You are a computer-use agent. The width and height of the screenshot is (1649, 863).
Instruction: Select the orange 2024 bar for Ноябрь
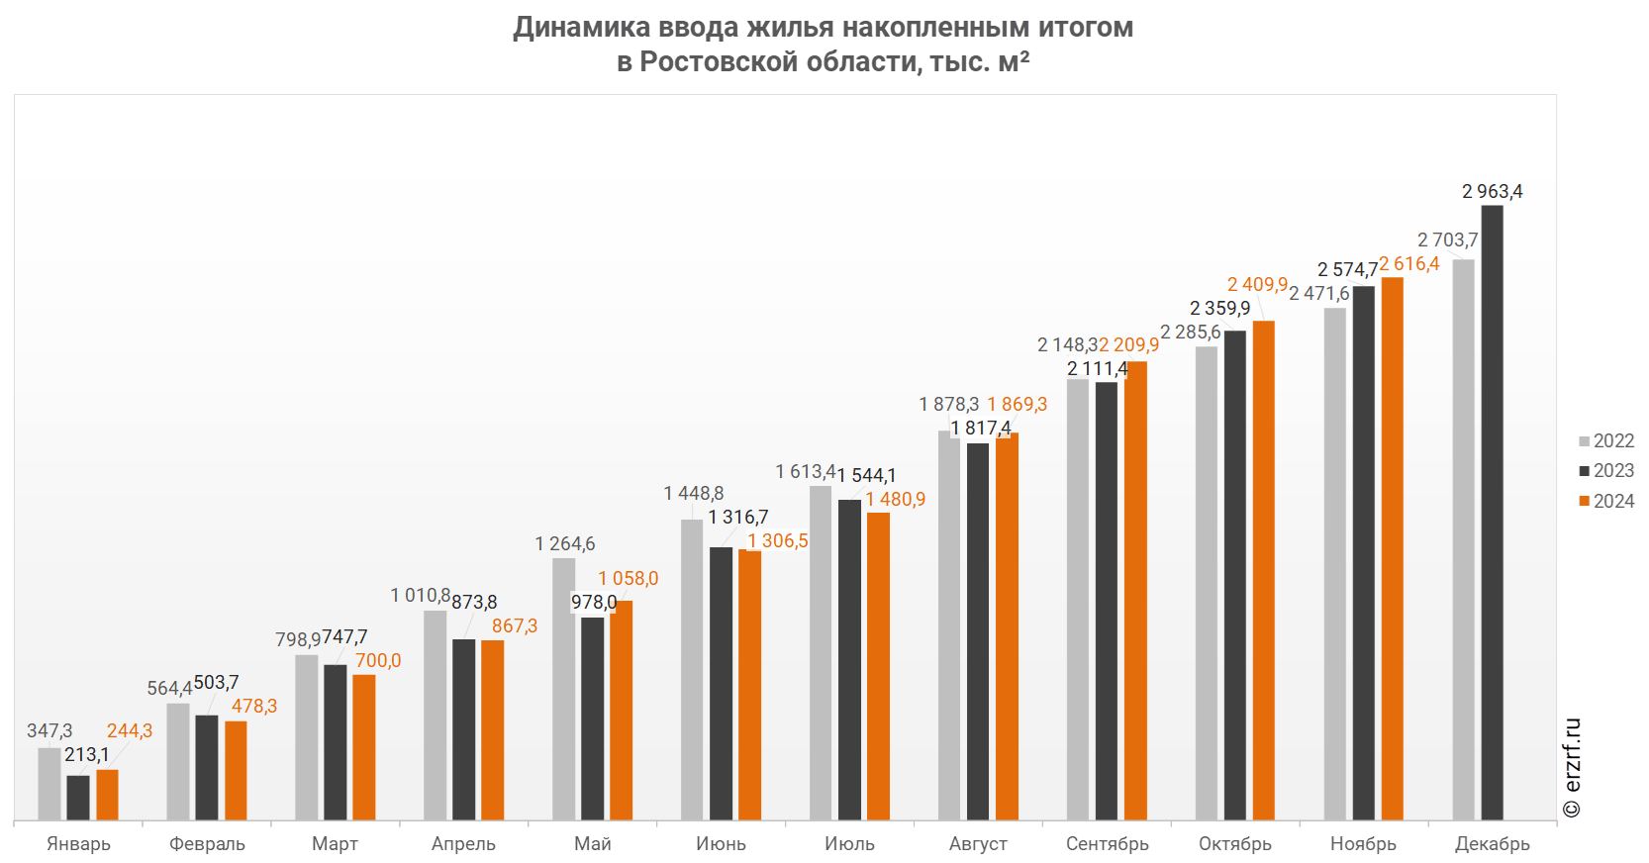(x=1392, y=548)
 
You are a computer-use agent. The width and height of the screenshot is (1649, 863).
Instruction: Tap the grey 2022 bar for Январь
(x=49, y=784)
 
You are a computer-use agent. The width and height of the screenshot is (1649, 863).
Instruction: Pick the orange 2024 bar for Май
(x=621, y=711)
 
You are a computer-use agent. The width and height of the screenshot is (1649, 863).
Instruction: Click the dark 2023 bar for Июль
(x=849, y=660)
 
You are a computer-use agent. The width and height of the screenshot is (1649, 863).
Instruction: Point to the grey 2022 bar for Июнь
(x=692, y=670)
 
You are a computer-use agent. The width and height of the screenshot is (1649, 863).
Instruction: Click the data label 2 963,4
(x=1492, y=191)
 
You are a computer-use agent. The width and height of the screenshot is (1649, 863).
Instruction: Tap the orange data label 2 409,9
(x=1257, y=285)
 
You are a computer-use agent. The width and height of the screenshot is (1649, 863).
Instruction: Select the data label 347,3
(x=49, y=730)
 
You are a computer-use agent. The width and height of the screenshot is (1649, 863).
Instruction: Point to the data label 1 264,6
(x=564, y=543)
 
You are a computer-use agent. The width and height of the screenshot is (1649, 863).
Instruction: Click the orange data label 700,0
(x=378, y=660)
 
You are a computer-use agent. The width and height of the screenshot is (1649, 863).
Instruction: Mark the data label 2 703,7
(x=1447, y=240)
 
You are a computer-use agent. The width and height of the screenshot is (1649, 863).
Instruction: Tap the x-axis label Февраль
(x=207, y=843)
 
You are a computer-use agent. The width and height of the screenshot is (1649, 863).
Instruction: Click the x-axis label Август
(x=979, y=843)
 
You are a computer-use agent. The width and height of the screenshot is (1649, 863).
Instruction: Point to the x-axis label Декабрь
(x=1492, y=843)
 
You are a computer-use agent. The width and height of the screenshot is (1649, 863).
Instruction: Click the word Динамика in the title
(x=582, y=27)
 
